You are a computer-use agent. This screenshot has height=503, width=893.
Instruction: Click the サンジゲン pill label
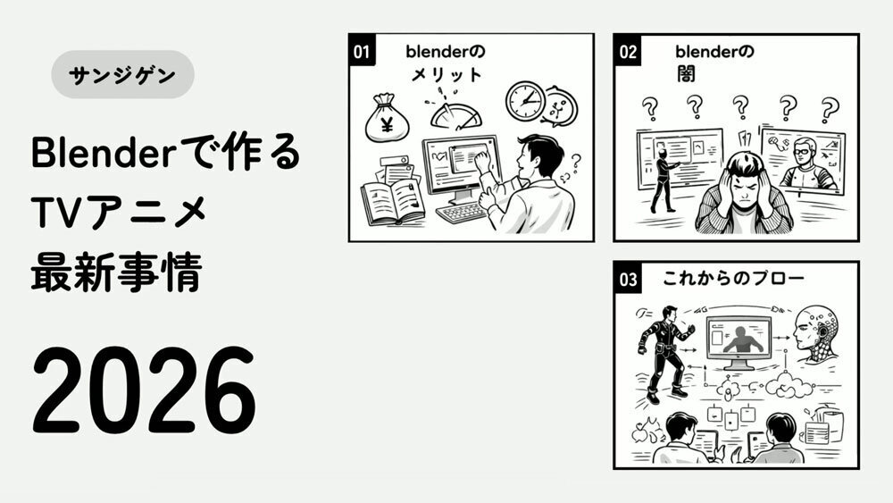coord(122,75)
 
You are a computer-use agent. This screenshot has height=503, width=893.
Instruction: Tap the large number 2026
coord(144,390)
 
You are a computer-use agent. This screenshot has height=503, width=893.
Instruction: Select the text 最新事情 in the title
coord(117,272)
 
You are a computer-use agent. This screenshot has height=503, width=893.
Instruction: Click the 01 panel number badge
coord(362,51)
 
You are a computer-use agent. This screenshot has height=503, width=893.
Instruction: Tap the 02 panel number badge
coord(627,52)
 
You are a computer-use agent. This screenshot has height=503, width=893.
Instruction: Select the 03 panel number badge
coord(628,279)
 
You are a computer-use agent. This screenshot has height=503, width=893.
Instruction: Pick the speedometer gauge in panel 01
coord(455,114)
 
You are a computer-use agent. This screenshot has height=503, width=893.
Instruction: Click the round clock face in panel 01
coord(525,101)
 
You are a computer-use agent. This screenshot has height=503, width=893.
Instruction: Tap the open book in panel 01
coord(393,201)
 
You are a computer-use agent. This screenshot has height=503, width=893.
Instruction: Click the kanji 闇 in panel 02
coord(686,73)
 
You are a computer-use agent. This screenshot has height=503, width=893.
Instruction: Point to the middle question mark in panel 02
coord(739,106)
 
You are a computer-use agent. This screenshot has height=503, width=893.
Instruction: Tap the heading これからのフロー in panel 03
coord(733,278)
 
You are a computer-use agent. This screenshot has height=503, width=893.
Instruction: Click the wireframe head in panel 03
coord(817,335)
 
